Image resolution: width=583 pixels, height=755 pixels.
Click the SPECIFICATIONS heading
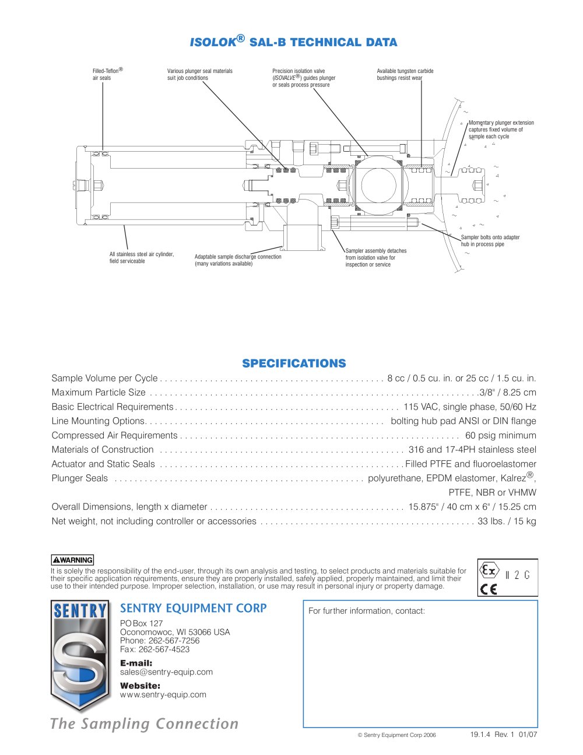(294, 363)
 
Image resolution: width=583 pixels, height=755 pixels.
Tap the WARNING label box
(72, 560)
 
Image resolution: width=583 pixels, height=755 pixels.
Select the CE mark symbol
(489, 589)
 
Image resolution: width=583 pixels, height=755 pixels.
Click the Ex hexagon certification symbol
(489, 570)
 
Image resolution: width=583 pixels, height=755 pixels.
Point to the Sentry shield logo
(80, 655)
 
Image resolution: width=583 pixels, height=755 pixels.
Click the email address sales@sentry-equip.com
(166, 672)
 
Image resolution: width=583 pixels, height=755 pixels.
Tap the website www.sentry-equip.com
(163, 694)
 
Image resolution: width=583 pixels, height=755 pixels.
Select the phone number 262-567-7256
(174, 641)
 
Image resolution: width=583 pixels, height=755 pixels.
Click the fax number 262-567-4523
(164, 649)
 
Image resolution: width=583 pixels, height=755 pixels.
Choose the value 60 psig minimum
(500, 435)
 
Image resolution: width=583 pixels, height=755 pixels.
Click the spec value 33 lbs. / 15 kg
(507, 521)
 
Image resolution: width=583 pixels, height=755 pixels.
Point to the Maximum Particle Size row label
(99, 392)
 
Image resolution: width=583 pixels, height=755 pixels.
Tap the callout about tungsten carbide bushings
(405, 74)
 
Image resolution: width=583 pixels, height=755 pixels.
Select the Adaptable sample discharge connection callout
(238, 260)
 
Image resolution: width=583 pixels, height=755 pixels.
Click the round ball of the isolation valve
(378, 184)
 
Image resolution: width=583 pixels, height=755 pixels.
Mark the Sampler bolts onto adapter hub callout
(490, 240)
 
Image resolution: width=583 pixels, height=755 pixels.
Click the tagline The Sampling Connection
(145, 723)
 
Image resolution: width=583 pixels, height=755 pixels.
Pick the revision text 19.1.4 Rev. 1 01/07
(504, 735)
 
